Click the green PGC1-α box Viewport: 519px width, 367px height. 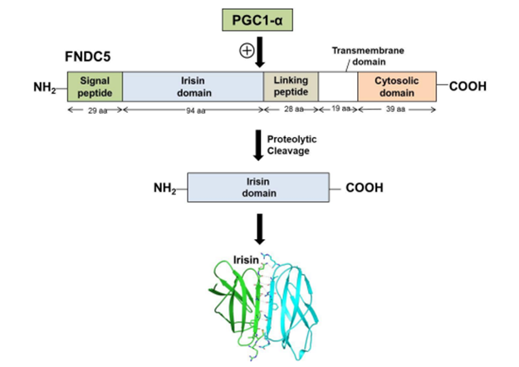click(259, 19)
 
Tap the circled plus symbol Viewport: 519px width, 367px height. click(246, 51)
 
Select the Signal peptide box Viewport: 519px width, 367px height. click(95, 86)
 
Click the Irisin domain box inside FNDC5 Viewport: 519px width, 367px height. click(193, 86)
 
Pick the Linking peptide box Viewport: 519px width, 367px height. click(291, 86)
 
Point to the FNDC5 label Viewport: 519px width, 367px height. click(89, 60)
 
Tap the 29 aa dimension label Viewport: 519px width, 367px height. click(95, 110)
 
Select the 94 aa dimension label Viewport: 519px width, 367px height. click(193, 110)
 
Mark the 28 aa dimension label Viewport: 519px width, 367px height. click(291, 110)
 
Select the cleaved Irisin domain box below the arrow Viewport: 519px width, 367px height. click(260, 188)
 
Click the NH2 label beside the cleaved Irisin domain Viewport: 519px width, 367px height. click(166, 188)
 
